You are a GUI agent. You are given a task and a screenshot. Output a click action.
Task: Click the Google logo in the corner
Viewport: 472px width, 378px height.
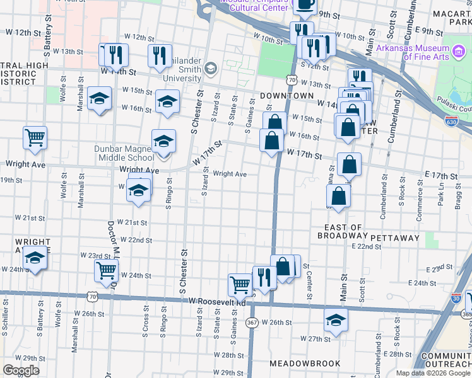(x=21, y=370)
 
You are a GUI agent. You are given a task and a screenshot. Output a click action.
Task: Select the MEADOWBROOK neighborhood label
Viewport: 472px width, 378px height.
(x=305, y=364)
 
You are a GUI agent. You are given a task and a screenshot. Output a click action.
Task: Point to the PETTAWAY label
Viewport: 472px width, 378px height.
(x=395, y=238)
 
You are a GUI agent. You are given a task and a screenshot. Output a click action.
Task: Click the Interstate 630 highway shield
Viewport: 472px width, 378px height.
(x=451, y=121)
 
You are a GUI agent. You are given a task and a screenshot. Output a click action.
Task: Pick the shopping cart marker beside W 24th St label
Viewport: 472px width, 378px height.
(x=106, y=270)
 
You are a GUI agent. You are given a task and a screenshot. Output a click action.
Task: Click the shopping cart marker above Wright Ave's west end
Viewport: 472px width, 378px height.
(x=35, y=137)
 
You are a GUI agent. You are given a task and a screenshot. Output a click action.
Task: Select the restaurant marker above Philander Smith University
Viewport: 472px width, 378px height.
(x=160, y=55)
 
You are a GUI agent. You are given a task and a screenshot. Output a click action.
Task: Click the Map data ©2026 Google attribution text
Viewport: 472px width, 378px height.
(x=433, y=373)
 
